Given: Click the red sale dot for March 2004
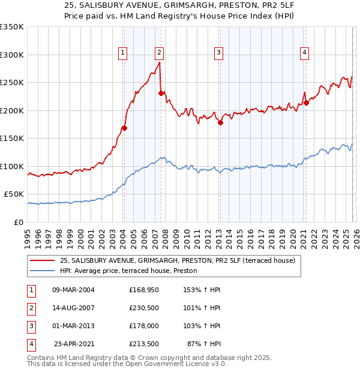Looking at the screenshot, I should coord(124,128).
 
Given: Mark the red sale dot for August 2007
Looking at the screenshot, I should coord(161,93).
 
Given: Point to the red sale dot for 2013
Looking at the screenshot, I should coord(220,122).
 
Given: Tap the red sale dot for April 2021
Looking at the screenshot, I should coord(306,103).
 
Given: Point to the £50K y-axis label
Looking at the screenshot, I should coord(14,194).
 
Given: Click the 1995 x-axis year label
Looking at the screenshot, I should coord(28,237).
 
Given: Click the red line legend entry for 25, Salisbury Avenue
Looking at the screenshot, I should coord(177,261).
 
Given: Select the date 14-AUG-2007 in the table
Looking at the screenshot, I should coord(73,308).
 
